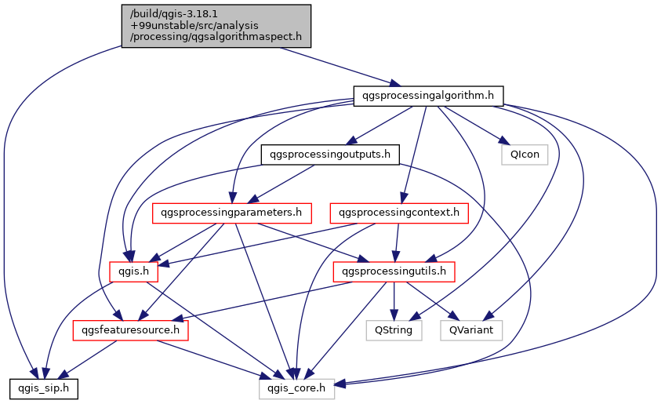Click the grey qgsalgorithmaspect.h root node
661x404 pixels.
pos(216,25)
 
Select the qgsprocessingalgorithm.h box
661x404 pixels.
pos(427,96)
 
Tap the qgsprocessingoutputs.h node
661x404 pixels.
pos(329,155)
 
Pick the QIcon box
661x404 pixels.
pos(525,155)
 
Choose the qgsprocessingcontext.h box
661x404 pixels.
pos(400,213)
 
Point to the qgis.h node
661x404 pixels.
pos(133,271)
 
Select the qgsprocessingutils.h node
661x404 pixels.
pos(394,271)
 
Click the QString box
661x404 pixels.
pos(394,330)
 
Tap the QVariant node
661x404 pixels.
pos(470,330)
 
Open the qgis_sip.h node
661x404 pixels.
pos(43,388)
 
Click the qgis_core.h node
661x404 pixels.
pos(297,388)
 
